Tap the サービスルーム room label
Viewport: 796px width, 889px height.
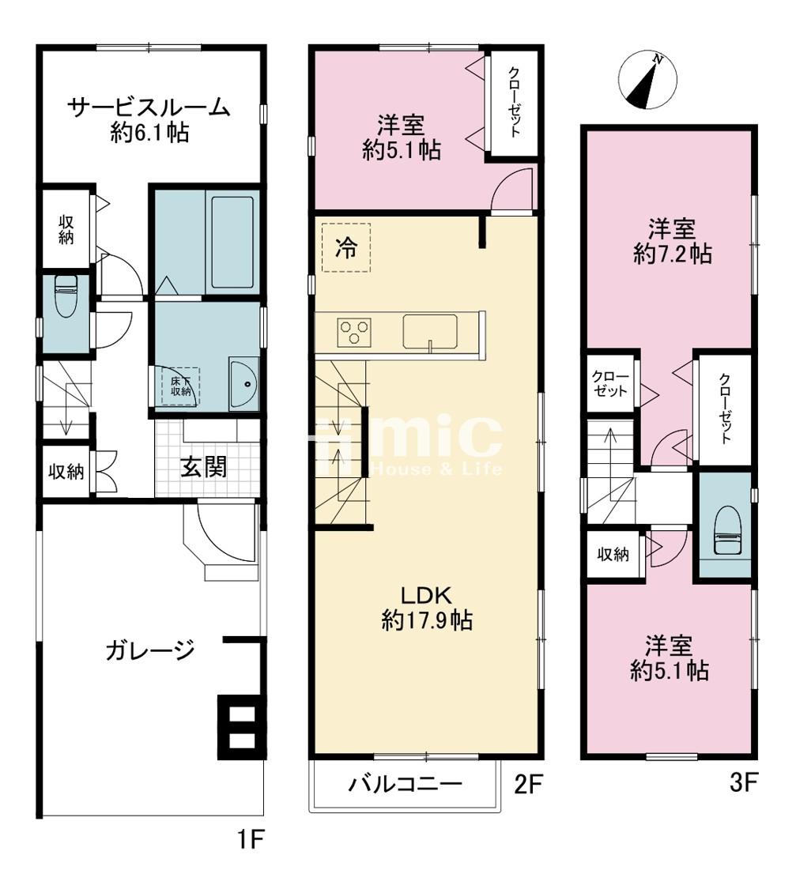pos(149,107)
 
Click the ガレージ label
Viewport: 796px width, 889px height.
pos(150,650)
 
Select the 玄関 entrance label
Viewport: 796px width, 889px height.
pos(203,467)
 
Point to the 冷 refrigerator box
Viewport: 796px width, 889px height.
pos(346,248)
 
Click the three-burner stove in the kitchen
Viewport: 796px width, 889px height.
pos(354,332)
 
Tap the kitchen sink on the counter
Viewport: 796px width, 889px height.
pos(430,332)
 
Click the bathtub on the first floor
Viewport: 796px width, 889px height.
pos(232,243)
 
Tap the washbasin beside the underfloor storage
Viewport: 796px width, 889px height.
pos(244,383)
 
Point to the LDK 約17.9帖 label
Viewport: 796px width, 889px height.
pos(427,608)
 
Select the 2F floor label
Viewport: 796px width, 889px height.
pos(528,785)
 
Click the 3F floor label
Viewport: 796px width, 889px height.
pos(743,784)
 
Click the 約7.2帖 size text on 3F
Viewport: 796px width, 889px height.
pos(673,254)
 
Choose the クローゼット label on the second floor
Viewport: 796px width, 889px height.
pos(514,102)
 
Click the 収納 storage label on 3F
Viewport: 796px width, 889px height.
pos(613,555)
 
